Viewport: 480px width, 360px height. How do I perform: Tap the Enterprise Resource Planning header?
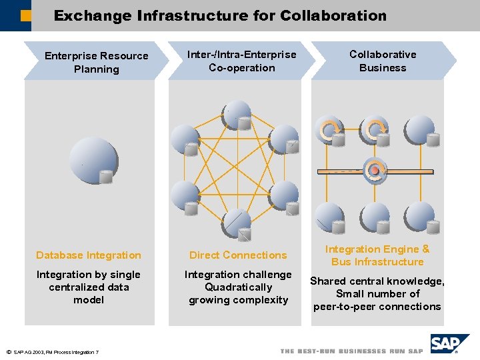[x=96, y=62]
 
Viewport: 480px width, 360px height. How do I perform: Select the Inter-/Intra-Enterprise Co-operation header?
[x=241, y=61]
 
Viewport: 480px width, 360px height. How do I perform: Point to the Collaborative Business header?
[x=383, y=61]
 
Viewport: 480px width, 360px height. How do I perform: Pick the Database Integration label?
[x=89, y=255]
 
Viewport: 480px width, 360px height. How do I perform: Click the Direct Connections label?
[x=238, y=255]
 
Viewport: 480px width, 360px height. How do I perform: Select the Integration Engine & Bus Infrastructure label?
[x=377, y=255]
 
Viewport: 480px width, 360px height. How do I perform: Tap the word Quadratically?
[x=238, y=287]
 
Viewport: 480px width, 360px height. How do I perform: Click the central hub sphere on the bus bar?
[x=375, y=170]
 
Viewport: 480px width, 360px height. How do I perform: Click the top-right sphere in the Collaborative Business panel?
[x=421, y=130]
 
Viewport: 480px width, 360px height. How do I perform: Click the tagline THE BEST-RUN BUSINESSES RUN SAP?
[x=351, y=351]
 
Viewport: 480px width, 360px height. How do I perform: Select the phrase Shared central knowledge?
[x=377, y=281]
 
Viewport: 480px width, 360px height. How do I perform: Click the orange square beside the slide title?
[x=25, y=16]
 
